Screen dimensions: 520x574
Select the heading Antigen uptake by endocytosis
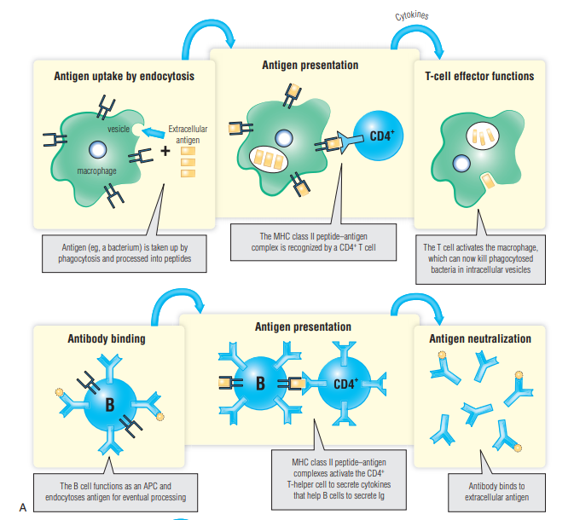(124, 76)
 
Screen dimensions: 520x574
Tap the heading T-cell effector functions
(478, 76)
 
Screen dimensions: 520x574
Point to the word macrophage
(96, 171)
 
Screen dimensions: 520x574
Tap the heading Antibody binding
(106, 339)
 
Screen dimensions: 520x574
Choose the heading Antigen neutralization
(479, 339)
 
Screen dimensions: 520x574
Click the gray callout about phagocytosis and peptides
(125, 252)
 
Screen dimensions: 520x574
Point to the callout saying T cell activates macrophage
(479, 258)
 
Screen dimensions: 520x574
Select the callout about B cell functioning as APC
(123, 492)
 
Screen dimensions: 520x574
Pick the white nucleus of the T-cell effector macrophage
(463, 162)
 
